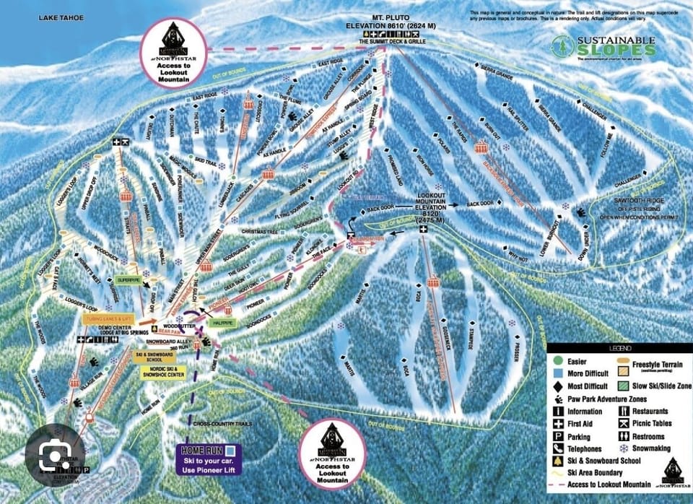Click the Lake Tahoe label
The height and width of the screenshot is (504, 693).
(x=61, y=17)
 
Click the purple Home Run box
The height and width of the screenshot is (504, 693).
(x=212, y=459)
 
